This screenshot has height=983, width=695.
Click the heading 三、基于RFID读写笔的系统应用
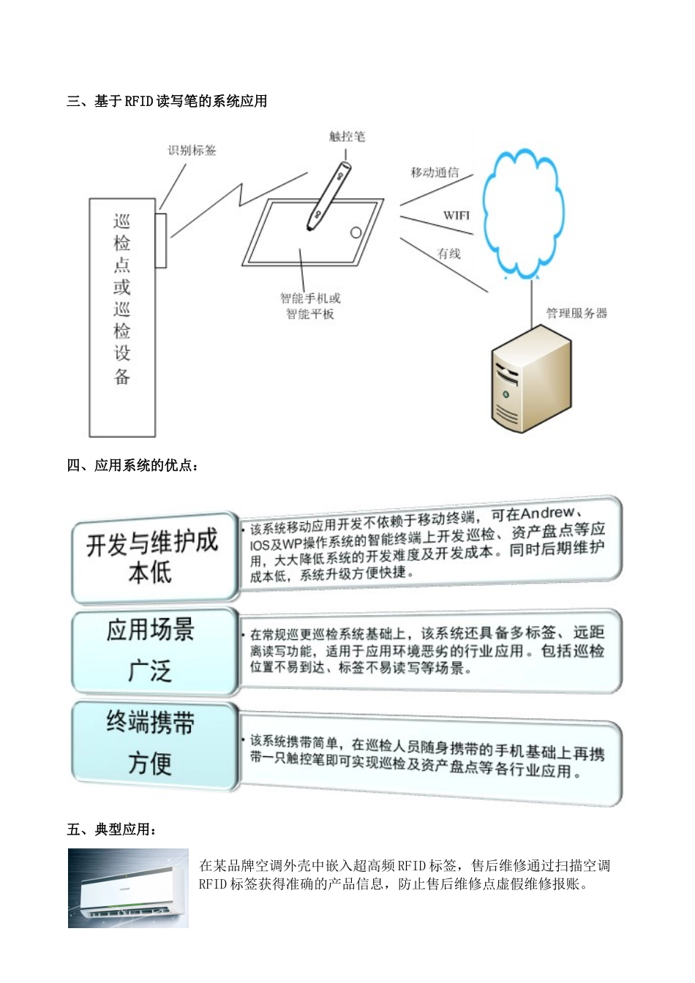pyautogui.click(x=167, y=101)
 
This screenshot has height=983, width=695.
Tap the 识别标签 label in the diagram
pyautogui.click(x=192, y=151)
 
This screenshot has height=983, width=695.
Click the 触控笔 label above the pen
pyautogui.click(x=347, y=137)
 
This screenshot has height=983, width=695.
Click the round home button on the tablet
pyautogui.click(x=356, y=233)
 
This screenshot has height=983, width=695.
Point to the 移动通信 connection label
pyautogui.click(x=435, y=173)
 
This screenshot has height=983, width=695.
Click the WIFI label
pyautogui.click(x=456, y=215)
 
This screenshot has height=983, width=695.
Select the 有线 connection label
pyautogui.click(x=448, y=254)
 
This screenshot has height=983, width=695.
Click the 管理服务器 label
pyautogui.click(x=576, y=313)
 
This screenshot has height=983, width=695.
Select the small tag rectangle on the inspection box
pyautogui.click(x=161, y=240)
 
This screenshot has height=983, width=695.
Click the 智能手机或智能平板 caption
pyautogui.click(x=310, y=306)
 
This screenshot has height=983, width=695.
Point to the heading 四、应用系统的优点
pyautogui.click(x=132, y=465)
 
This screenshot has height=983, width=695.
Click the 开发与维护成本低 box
pyautogui.click(x=152, y=557)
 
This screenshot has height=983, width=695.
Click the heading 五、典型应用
pyautogui.click(x=112, y=829)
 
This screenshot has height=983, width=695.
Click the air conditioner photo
pyautogui.click(x=128, y=888)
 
